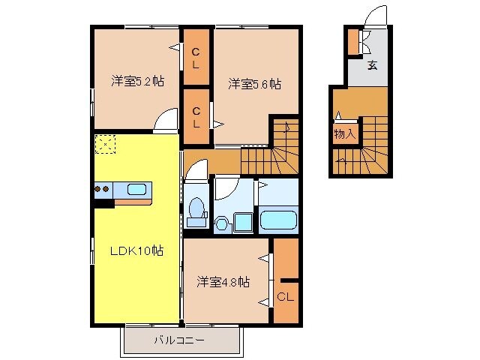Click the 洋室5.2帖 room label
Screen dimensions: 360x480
click(138, 79)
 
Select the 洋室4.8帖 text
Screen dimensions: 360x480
click(223, 281)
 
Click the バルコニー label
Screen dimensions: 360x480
click(180, 340)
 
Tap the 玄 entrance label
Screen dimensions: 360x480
click(372, 65)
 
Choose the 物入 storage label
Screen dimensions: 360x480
click(344, 134)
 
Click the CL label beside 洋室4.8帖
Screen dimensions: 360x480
click(285, 296)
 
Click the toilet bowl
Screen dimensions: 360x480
click(196, 208)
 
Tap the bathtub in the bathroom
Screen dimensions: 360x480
click(278, 220)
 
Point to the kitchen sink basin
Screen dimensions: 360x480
click(136, 188)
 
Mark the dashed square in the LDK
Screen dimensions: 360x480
click(106, 144)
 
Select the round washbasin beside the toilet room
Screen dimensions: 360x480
click(222, 222)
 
